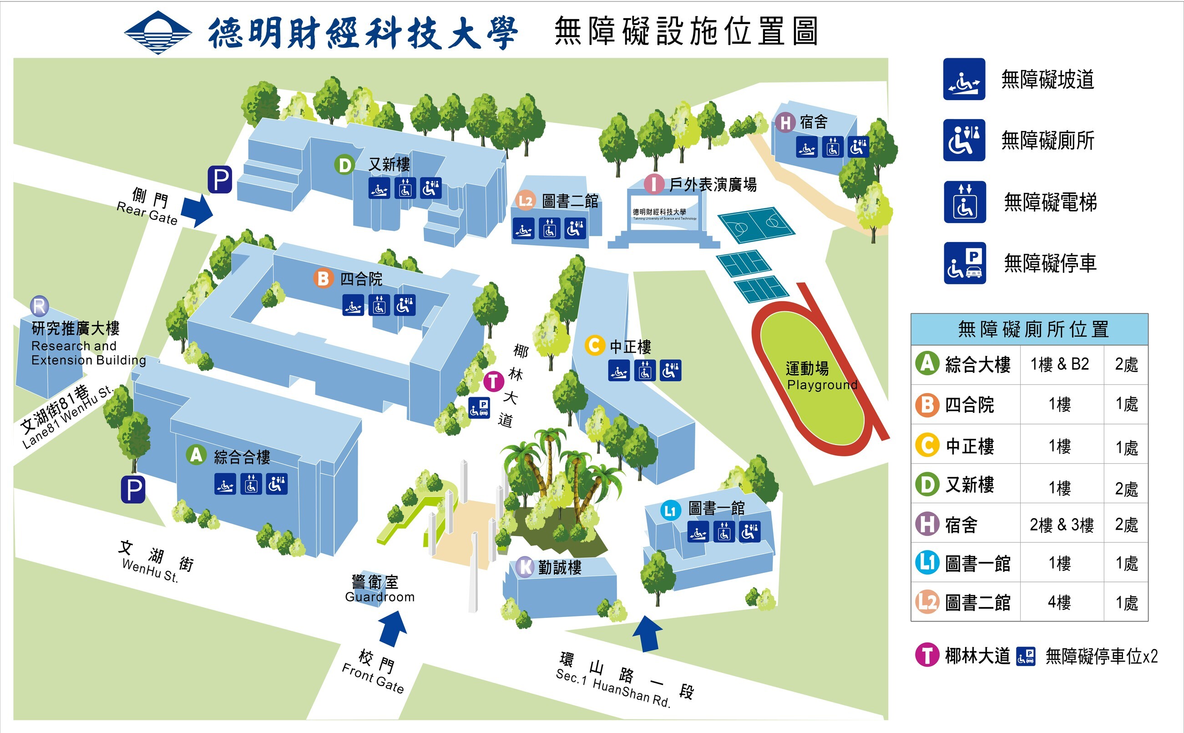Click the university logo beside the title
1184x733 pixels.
(157, 32)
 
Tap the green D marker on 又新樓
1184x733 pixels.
(344, 165)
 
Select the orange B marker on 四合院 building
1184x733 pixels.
(323, 279)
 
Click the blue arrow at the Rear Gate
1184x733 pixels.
(197, 210)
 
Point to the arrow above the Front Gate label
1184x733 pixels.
(393, 628)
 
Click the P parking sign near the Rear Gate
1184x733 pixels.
(220, 180)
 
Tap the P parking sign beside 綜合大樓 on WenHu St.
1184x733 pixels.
(133, 489)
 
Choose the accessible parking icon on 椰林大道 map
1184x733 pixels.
(479, 408)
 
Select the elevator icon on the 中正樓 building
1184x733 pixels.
(644, 371)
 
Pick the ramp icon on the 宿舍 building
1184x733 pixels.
(806, 147)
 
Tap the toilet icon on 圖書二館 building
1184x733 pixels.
(575, 228)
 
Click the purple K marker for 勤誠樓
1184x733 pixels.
(525, 567)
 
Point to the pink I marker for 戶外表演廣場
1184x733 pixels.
(653, 185)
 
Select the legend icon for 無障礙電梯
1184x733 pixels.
(964, 202)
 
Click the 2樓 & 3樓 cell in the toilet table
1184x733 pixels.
(1061, 525)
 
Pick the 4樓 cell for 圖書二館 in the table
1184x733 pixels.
(1059, 602)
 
